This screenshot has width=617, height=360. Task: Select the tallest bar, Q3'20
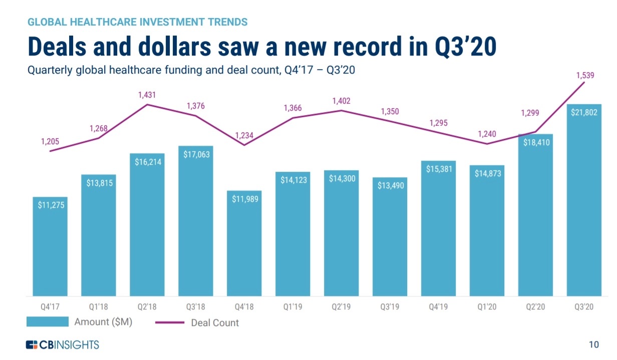pyautogui.click(x=584, y=200)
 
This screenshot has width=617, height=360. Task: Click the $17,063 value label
pyautogui.click(x=196, y=155)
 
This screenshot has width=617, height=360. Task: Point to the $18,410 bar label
pyautogui.click(x=535, y=143)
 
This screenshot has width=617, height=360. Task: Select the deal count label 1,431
pyautogui.click(x=147, y=94)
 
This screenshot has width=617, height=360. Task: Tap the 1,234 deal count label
pyautogui.click(x=244, y=135)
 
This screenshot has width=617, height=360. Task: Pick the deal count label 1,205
pyautogui.click(x=50, y=142)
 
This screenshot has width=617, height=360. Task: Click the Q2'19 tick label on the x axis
pyautogui.click(x=342, y=307)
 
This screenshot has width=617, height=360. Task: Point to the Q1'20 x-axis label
pyautogui.click(x=487, y=307)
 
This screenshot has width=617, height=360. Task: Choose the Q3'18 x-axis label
pyautogui.click(x=196, y=307)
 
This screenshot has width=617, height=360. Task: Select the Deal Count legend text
pyautogui.click(x=215, y=322)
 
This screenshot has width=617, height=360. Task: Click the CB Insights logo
pyautogui.click(x=63, y=344)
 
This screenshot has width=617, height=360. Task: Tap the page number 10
pyautogui.click(x=593, y=344)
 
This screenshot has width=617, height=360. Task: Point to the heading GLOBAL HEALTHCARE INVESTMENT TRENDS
pyautogui.click(x=137, y=22)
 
